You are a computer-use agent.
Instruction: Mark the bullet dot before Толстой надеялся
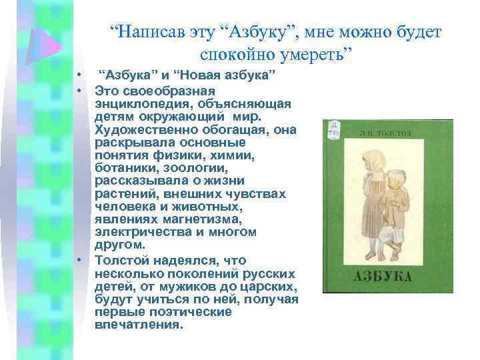coord(79,260)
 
